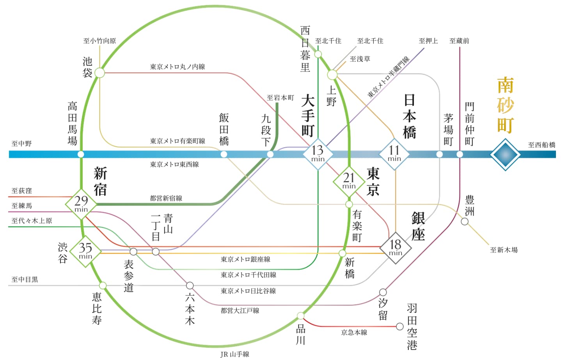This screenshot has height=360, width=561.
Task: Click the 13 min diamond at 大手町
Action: [318, 154]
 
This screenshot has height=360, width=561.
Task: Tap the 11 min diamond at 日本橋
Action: [394, 154]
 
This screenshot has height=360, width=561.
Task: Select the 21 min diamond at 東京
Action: [349, 182]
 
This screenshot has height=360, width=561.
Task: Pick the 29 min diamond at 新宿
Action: [81, 204]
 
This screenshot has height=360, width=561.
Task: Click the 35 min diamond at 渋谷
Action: [85, 251]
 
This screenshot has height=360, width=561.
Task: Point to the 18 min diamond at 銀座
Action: [396, 248]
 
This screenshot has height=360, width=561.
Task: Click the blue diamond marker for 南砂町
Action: [505, 155]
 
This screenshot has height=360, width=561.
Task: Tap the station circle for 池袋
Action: [100, 73]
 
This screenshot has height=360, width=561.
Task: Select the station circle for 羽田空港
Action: [400, 326]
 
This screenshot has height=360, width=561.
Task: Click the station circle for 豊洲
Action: [465, 221]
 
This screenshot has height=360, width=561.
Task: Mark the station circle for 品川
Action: [300, 315]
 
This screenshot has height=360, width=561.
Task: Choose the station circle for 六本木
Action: [190, 285]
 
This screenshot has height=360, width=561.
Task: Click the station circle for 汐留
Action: [383, 292]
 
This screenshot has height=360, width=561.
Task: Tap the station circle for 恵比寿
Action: [103, 285]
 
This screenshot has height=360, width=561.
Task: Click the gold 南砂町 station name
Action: [505, 105]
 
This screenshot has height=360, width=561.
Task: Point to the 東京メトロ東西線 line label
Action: [174, 164]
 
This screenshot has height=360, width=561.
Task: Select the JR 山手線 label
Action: [235, 354]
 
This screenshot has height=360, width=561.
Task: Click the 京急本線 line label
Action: [354, 332]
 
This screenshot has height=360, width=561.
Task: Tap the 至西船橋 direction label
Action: [541, 145]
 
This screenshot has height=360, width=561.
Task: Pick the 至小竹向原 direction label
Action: [100, 41]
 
